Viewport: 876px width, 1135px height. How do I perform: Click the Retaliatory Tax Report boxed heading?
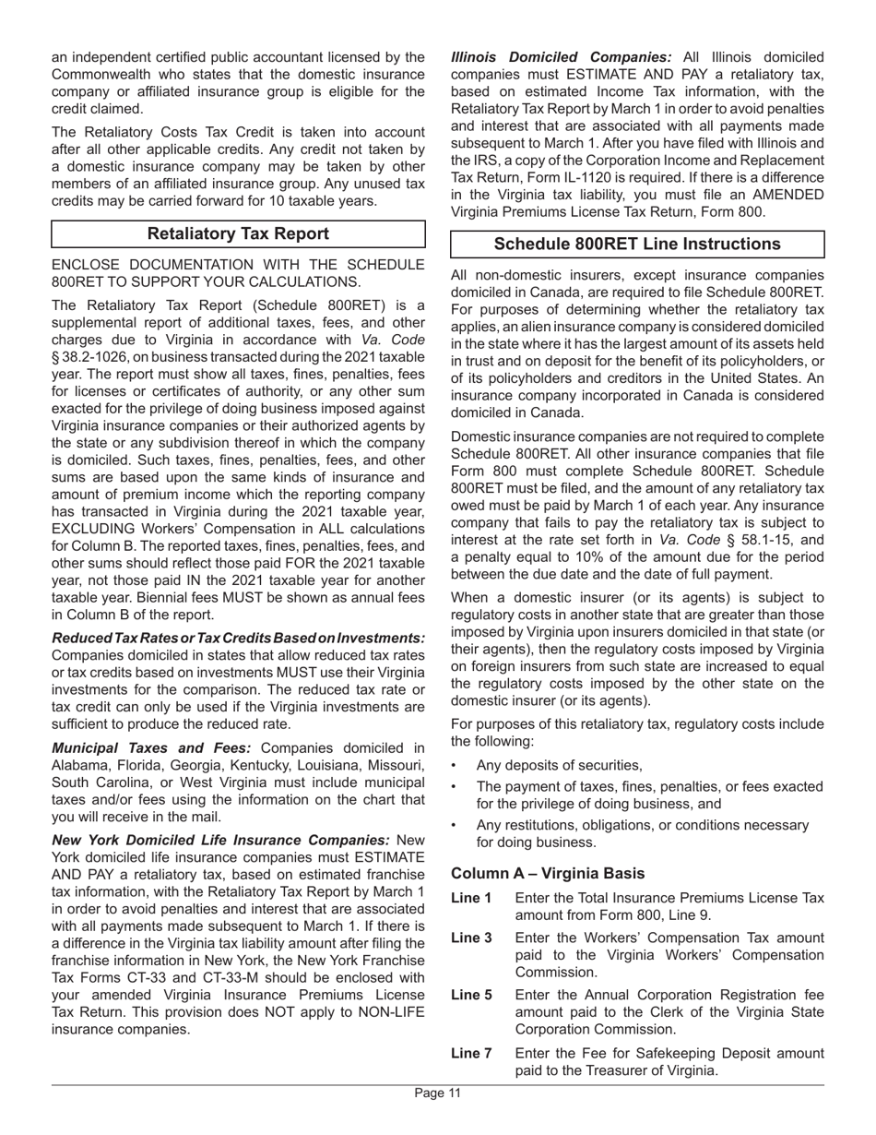[238, 234]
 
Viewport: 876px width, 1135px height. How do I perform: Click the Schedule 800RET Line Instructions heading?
[637, 245]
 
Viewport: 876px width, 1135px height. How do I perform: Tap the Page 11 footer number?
[437, 1093]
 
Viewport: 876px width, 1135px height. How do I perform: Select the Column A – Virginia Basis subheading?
[548, 873]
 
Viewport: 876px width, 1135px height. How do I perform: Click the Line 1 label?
[471, 898]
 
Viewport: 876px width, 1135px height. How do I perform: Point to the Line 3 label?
[471, 938]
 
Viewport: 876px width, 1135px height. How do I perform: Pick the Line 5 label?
[471, 995]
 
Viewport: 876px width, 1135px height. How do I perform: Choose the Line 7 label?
[471, 1053]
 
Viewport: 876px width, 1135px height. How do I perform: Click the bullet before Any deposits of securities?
[457, 766]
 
